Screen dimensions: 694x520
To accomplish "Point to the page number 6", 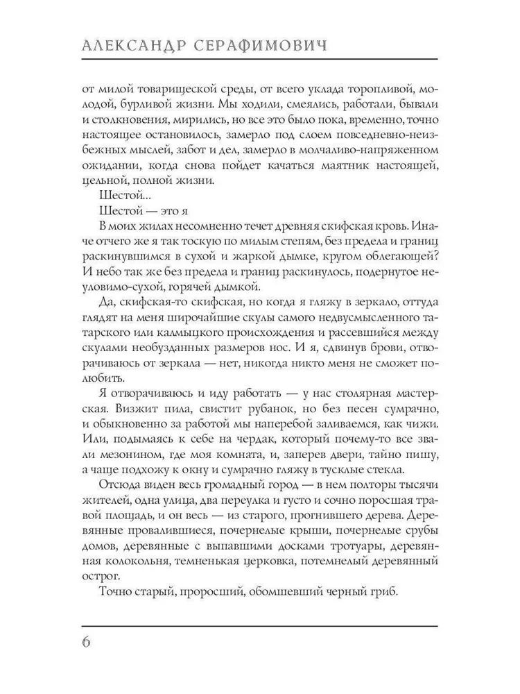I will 87,641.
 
